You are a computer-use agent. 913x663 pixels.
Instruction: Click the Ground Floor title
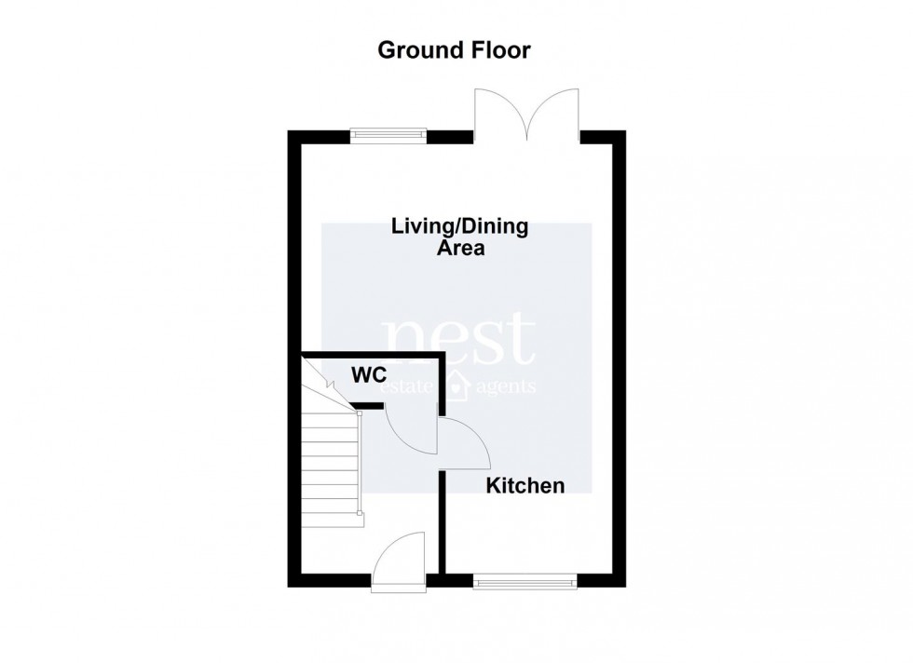454,50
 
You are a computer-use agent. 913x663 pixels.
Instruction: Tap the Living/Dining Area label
459,237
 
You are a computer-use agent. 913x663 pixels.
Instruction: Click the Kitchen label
526,485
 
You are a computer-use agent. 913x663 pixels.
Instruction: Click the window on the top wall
388,136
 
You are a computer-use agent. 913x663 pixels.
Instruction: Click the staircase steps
331,461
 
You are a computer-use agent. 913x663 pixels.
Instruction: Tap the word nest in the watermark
460,341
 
